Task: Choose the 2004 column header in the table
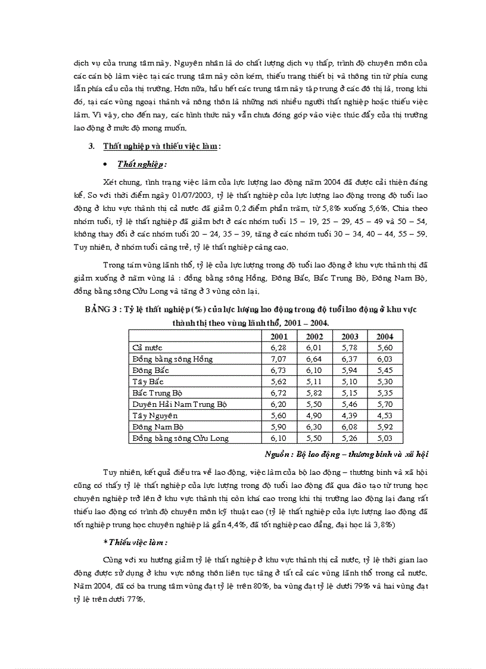point(384,336)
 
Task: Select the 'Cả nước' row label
point(147,347)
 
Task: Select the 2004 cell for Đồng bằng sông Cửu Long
point(384,438)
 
